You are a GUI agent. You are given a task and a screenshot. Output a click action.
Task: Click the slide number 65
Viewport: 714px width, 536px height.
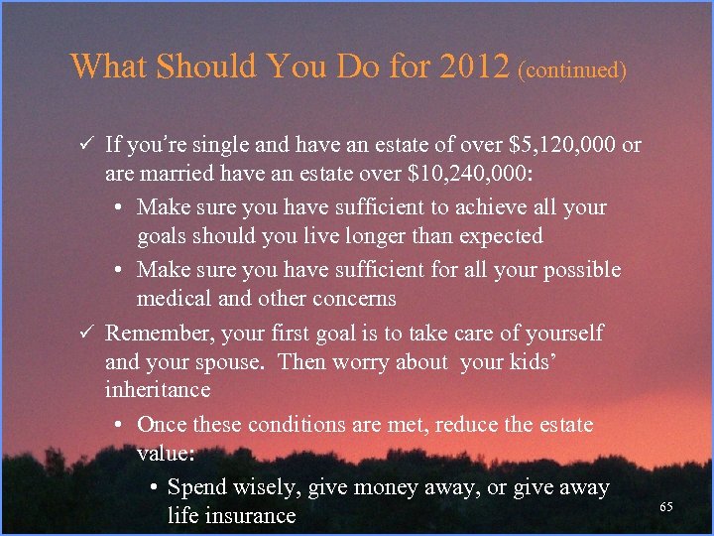(666, 507)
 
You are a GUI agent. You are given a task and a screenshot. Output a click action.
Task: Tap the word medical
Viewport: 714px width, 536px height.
(174, 299)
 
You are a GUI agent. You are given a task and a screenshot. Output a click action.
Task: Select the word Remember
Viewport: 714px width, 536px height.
(152, 333)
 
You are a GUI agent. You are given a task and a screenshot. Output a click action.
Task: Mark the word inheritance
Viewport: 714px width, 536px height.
(158, 389)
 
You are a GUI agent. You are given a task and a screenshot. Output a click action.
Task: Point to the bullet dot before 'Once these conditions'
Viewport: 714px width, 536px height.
(118, 425)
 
